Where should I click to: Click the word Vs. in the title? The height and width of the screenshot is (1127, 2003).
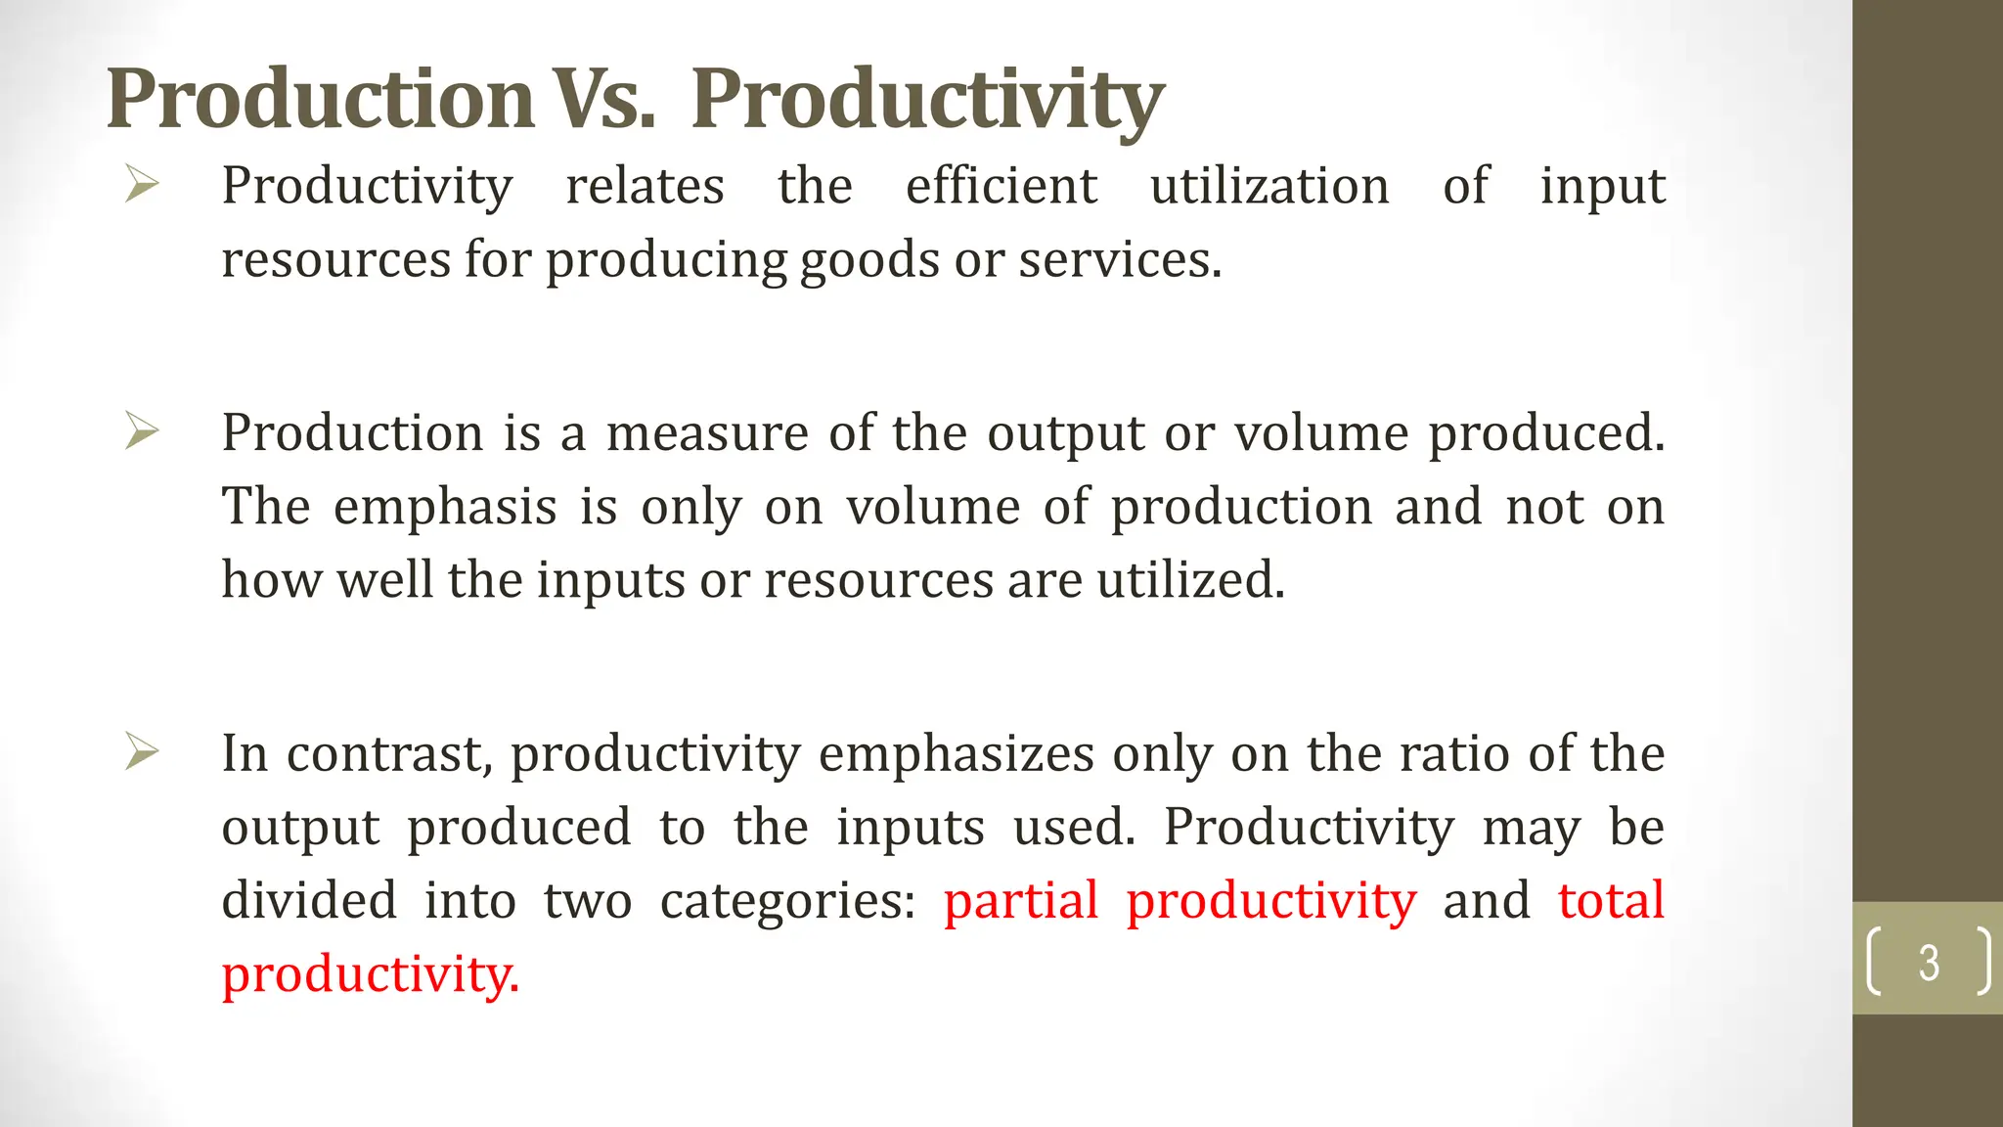pyautogui.click(x=603, y=99)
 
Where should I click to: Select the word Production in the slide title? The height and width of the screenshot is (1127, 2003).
pyautogui.click(x=320, y=99)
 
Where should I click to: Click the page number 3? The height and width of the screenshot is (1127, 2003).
pyautogui.click(x=1929, y=963)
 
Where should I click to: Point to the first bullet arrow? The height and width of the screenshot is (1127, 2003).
pyautogui.click(x=142, y=184)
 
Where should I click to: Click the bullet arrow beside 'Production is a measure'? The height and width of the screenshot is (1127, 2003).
pyautogui.click(x=142, y=430)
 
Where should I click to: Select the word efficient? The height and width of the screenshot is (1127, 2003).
pyautogui.click(x=1001, y=186)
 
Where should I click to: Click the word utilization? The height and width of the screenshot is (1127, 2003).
pyautogui.click(x=1269, y=186)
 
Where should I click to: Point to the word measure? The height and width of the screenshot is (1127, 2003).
pyautogui.click(x=707, y=432)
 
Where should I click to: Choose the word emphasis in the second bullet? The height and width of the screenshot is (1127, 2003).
pyautogui.click(x=445, y=508)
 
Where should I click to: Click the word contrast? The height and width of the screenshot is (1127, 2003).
pyautogui.click(x=389, y=754)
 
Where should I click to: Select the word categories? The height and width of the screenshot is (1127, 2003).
pyautogui.click(x=787, y=901)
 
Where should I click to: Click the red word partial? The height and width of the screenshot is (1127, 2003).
pyautogui.click(x=1021, y=901)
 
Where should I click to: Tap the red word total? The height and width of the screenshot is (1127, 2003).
pyautogui.click(x=1611, y=901)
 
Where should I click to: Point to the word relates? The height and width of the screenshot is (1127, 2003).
pyautogui.click(x=645, y=186)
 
